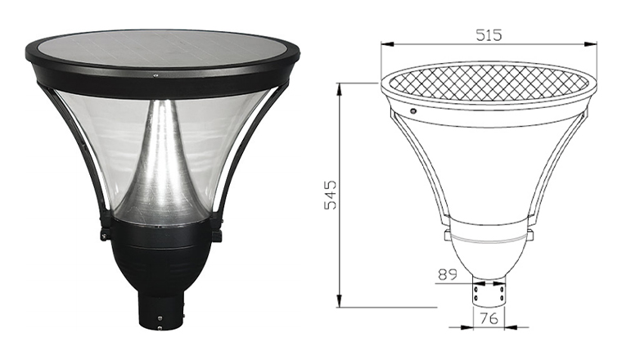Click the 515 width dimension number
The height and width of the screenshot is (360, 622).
click(489, 35)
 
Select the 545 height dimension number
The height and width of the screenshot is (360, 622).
click(330, 195)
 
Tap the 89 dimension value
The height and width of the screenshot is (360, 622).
click(448, 274)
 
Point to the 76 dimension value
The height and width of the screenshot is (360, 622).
click(489, 318)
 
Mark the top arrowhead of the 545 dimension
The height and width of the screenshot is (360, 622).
click(339, 90)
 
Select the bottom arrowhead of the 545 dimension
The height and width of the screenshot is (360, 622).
click(339, 300)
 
